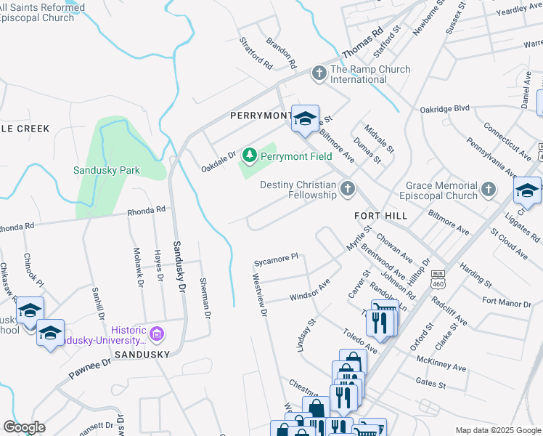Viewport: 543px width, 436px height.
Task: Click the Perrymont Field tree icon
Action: click(250, 156)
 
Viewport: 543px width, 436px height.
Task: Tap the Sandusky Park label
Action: click(107, 171)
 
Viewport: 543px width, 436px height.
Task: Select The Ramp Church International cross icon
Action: click(319, 74)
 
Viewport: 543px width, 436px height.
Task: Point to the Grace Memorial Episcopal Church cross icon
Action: click(489, 190)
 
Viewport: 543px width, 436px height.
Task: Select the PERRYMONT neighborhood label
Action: click(258, 116)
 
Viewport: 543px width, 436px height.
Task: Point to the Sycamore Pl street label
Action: click(276, 258)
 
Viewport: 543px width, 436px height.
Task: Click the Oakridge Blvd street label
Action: click(444, 110)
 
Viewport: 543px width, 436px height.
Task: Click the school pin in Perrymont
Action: click(305, 118)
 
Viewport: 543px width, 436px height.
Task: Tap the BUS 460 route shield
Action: click(438, 277)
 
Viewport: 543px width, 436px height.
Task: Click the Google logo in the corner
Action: click(24, 427)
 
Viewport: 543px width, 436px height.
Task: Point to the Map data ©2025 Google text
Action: click(498, 430)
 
